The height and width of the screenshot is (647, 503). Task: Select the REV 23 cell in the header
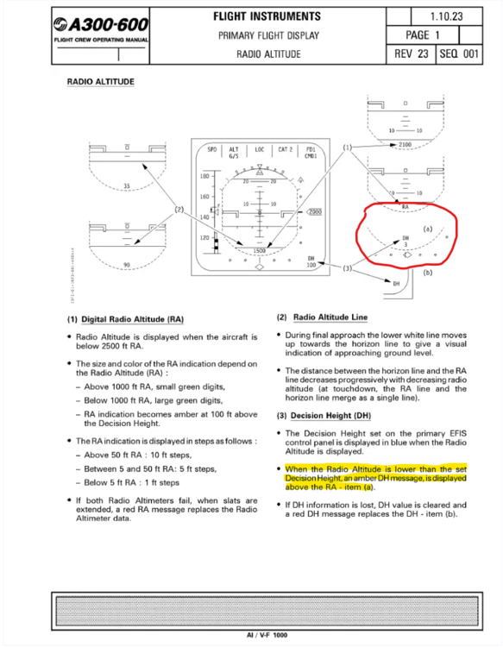click(410, 53)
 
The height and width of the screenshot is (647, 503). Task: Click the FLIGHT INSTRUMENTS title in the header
click(267, 16)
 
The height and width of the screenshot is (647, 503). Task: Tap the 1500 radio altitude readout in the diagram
click(259, 249)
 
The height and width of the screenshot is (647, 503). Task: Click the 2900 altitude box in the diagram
click(315, 211)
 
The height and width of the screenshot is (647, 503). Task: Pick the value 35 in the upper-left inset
click(126, 185)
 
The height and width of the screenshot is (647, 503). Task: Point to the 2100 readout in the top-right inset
click(405, 144)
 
